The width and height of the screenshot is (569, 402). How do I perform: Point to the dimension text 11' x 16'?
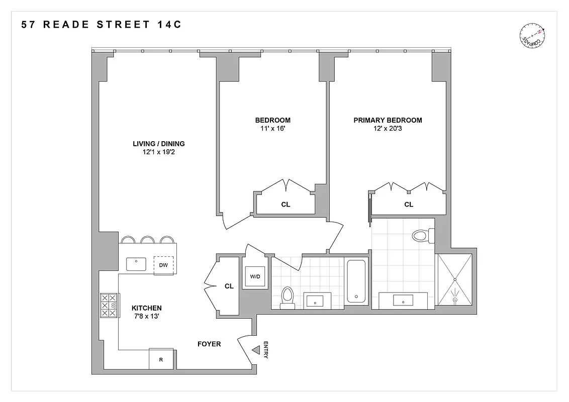pos(272,128)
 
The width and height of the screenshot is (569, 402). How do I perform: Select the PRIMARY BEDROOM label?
pos(388,120)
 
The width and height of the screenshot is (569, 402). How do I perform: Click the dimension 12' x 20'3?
pos(388,128)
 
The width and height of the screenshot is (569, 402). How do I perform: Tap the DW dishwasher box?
pos(163,265)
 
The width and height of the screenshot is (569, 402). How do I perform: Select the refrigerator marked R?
pos(161,359)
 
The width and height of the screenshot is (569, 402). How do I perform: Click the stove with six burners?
pos(109,305)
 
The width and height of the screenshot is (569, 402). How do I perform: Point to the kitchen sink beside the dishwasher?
pos(136,264)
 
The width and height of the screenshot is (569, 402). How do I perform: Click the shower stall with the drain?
pos(455,280)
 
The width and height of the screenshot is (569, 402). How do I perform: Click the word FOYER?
pos(209,344)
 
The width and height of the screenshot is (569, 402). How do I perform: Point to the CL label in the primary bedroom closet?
pos(409,205)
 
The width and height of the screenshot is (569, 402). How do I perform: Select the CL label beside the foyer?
pos(229,286)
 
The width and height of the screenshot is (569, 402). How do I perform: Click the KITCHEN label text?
pos(146,308)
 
